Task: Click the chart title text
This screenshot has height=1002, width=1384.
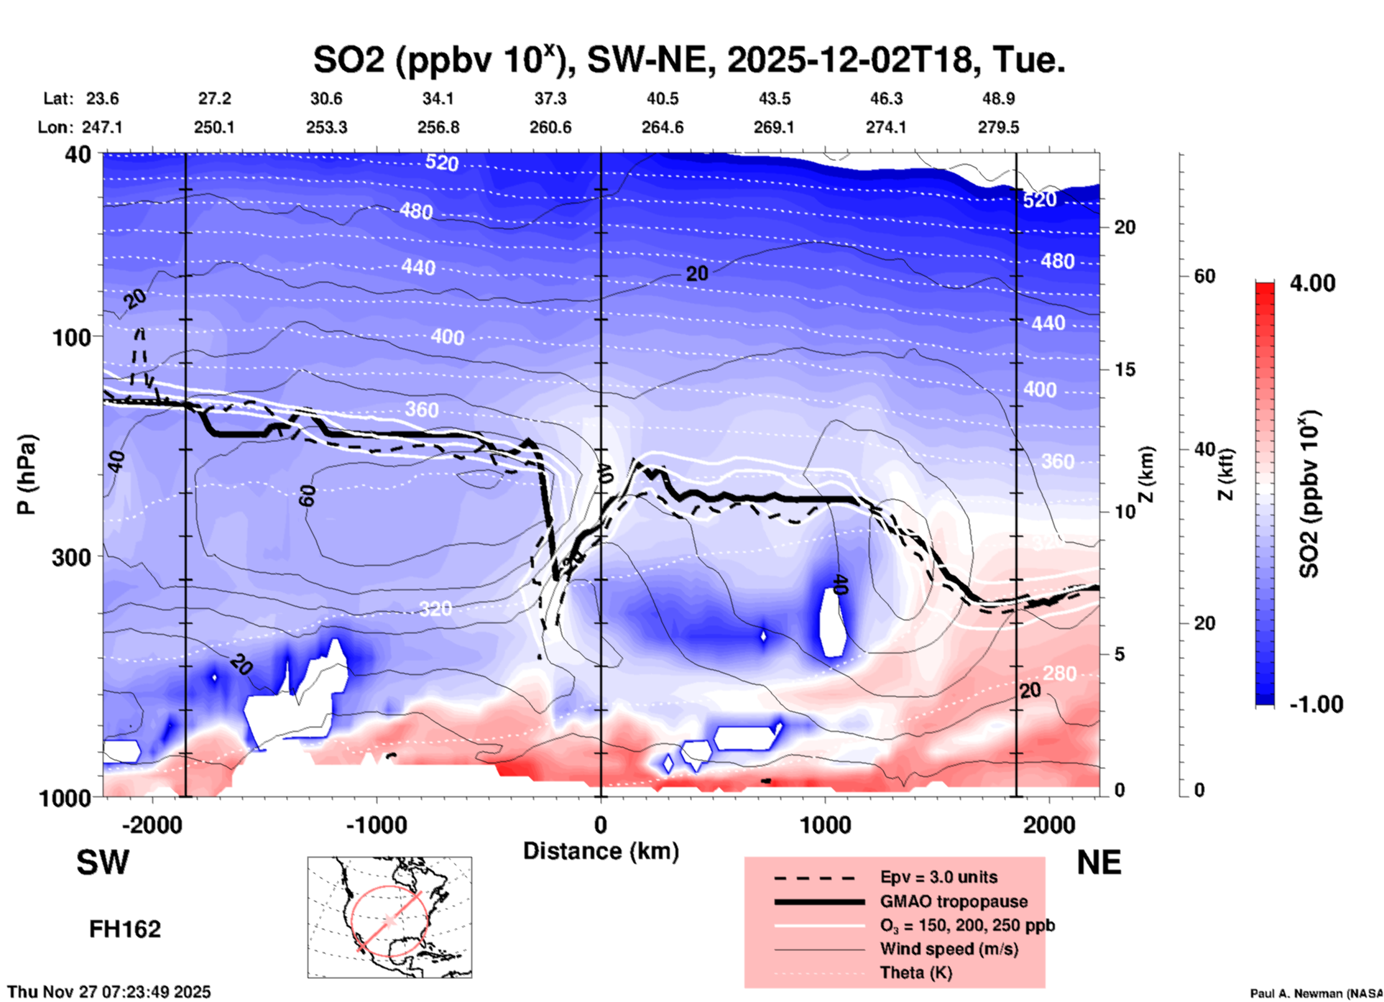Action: point(688,60)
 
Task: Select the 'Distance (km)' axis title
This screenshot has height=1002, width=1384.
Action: point(601,851)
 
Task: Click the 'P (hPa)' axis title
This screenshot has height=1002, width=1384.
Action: point(26,474)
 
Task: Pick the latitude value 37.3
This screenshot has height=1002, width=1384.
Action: point(550,98)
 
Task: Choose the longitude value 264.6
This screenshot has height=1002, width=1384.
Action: point(662,127)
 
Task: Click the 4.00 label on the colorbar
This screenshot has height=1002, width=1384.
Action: point(1312,283)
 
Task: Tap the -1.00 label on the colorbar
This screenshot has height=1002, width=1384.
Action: point(1316,704)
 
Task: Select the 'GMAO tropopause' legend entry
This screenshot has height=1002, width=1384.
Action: point(954,901)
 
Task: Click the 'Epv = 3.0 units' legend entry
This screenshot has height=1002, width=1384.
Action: point(938,877)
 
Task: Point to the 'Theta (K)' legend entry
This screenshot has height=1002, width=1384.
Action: point(915,973)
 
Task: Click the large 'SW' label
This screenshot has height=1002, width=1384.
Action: point(103,862)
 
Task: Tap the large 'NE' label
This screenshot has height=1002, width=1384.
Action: point(1099,862)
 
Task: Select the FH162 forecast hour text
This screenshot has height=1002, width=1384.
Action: point(125,929)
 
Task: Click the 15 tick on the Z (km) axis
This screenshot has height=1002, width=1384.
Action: point(1125,369)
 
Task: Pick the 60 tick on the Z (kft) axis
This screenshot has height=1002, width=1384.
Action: point(1204,276)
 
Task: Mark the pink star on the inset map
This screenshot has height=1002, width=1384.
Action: point(389,920)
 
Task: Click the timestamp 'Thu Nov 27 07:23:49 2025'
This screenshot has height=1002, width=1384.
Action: point(109,992)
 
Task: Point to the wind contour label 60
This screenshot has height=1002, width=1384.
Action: point(307,495)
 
